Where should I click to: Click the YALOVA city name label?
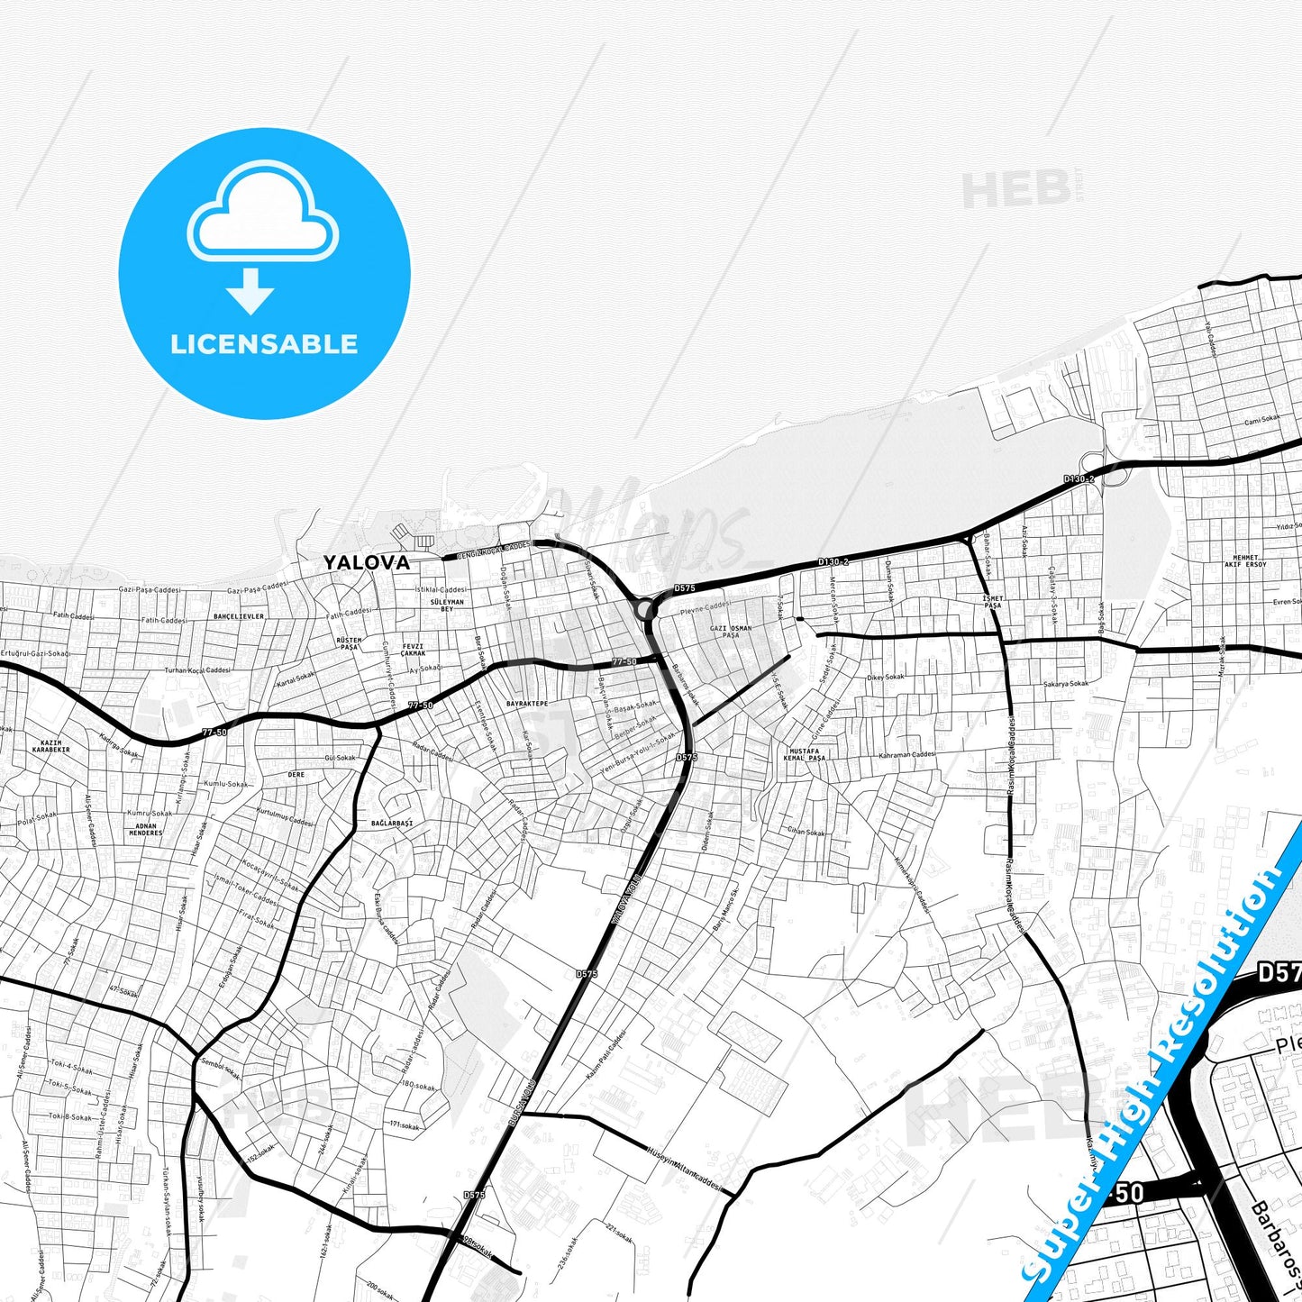(x=367, y=562)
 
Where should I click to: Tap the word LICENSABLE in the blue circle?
(x=264, y=343)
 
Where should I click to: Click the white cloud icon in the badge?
(x=262, y=213)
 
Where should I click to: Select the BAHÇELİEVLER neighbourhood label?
(x=239, y=617)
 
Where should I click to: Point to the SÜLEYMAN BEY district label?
(x=447, y=605)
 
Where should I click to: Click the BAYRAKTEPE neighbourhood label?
(x=527, y=703)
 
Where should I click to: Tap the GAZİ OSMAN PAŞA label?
(x=731, y=632)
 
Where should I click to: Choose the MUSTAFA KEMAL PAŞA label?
(x=805, y=754)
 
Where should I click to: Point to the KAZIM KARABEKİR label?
(x=50, y=746)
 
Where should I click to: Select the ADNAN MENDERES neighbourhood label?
(x=145, y=829)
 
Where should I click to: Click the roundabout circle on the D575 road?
(x=645, y=610)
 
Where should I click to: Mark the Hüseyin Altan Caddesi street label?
(x=685, y=1168)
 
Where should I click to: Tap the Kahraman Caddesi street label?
(x=907, y=755)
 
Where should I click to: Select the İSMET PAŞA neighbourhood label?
(x=992, y=602)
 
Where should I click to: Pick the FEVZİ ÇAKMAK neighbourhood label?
(x=413, y=650)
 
